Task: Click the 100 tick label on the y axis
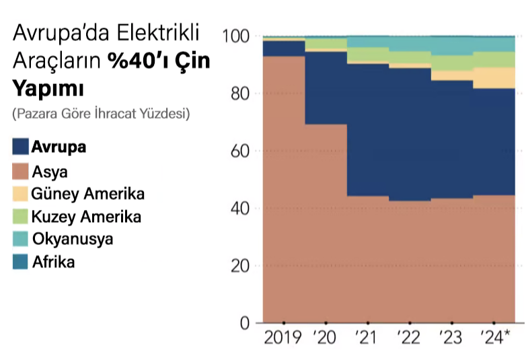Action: (x=237, y=35)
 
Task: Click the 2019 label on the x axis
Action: (x=282, y=338)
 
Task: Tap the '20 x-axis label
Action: (x=325, y=338)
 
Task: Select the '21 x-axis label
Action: (x=367, y=338)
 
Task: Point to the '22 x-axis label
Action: (x=409, y=338)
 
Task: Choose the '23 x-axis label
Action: (x=451, y=338)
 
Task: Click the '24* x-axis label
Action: (x=494, y=338)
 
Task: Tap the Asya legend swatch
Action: (x=20, y=172)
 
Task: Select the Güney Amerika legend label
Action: (x=88, y=194)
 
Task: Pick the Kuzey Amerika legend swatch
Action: (x=20, y=217)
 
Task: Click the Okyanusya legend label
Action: (x=73, y=240)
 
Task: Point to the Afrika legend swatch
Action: (x=20, y=262)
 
